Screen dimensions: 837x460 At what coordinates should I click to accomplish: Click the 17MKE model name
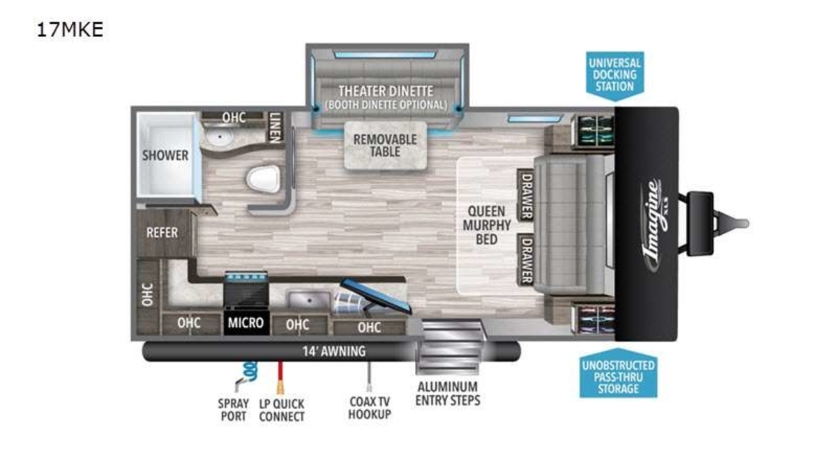(x=70, y=29)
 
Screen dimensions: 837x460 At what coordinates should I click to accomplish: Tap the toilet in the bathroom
(x=264, y=179)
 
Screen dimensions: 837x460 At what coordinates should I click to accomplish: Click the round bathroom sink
(x=220, y=137)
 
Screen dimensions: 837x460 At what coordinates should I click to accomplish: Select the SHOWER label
(x=165, y=155)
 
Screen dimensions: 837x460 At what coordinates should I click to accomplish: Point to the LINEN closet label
(x=275, y=128)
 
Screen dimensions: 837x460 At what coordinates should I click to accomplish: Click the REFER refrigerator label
(x=162, y=233)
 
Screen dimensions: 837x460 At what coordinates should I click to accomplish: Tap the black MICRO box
(x=246, y=323)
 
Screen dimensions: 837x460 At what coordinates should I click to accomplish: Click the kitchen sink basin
(x=308, y=300)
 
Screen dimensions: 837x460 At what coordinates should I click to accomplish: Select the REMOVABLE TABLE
(x=385, y=146)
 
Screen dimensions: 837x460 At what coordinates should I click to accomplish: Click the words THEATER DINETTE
(x=386, y=91)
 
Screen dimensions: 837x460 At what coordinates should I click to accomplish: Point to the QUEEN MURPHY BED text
(x=487, y=225)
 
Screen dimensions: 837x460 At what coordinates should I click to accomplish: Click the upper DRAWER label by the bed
(x=527, y=195)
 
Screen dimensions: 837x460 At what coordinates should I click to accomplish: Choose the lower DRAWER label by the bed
(x=527, y=260)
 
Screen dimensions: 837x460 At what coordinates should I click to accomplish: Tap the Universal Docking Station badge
(x=614, y=76)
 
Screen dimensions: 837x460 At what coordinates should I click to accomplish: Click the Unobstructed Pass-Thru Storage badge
(x=619, y=374)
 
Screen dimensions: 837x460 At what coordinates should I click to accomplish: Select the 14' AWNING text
(x=334, y=351)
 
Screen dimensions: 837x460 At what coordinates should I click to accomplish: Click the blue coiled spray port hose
(x=250, y=369)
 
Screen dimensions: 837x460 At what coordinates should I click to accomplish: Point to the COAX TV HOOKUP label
(x=370, y=408)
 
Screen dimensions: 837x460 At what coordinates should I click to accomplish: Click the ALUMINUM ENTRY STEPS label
(x=448, y=394)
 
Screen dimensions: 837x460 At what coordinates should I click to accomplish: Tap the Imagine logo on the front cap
(x=655, y=224)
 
